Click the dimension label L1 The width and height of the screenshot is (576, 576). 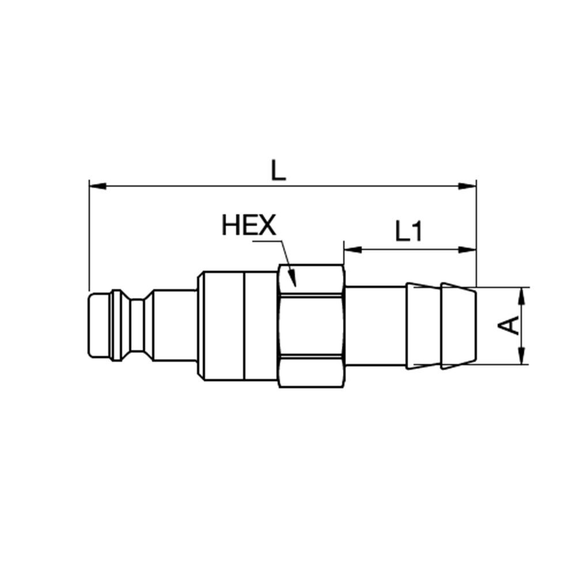click(x=409, y=231)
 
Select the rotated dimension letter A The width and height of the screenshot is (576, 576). click(x=508, y=325)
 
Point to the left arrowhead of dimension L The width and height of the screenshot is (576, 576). click(x=97, y=186)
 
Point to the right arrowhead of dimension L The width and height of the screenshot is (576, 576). click(x=468, y=186)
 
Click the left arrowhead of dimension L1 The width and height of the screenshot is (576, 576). click(x=353, y=250)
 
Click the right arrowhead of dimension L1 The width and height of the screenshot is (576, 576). click(x=468, y=250)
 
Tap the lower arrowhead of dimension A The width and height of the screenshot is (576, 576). click(x=522, y=355)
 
